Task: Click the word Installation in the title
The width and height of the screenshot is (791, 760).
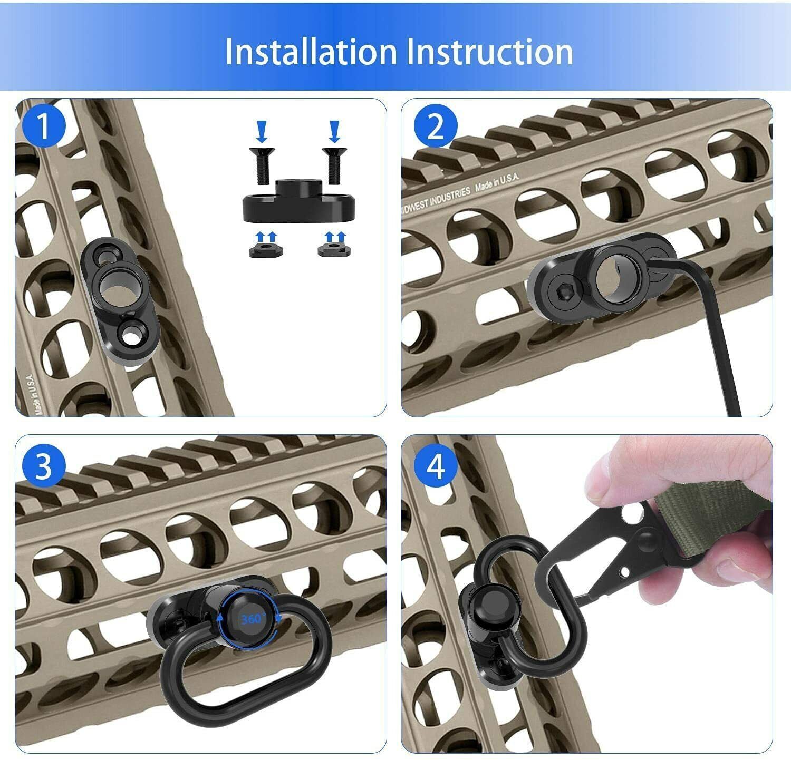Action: [x=311, y=51]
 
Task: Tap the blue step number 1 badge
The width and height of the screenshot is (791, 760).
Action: [x=44, y=127]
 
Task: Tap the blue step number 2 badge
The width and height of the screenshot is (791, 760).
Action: [x=435, y=127]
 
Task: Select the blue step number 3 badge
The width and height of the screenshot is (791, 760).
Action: [x=44, y=466]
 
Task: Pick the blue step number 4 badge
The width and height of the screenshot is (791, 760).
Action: [x=435, y=466]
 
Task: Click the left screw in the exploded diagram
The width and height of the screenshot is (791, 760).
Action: [x=261, y=165]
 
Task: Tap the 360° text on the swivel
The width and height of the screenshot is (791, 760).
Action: [x=252, y=619]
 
